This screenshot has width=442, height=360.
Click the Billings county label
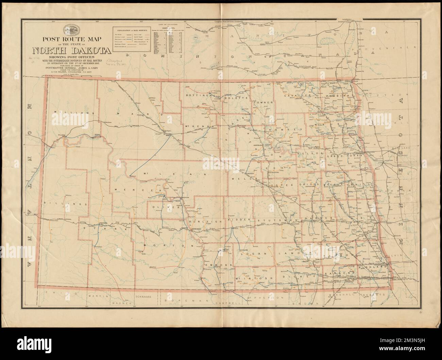click(64, 204)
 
